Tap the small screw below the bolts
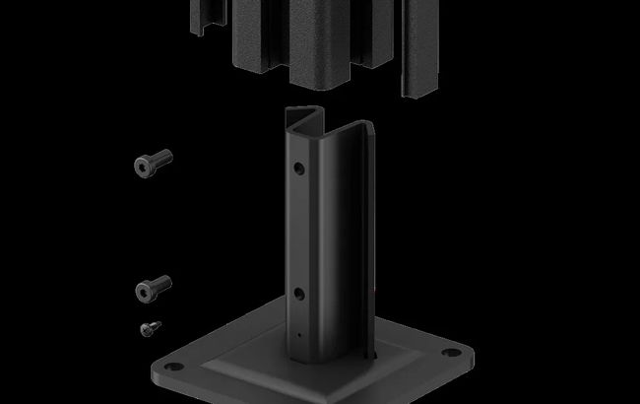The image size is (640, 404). pyautogui.click(x=151, y=327)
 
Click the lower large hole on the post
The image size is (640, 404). pyautogui.click(x=298, y=294)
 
